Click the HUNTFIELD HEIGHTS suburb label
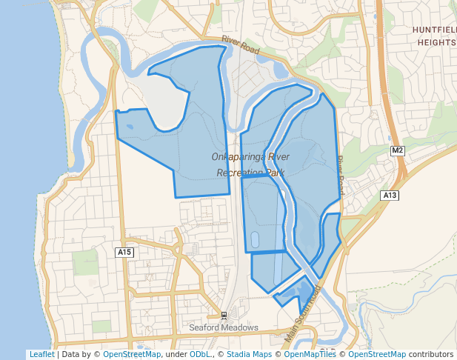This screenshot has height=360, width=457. [x=434, y=36]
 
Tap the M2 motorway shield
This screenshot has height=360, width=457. [x=398, y=151]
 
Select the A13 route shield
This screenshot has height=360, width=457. [x=390, y=195]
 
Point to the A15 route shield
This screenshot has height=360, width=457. [x=124, y=253]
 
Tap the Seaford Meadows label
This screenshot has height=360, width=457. [x=224, y=327]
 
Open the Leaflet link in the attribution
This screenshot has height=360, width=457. [x=41, y=354]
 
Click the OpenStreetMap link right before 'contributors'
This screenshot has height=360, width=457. [x=377, y=354]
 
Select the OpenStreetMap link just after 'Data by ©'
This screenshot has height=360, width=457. [x=132, y=354]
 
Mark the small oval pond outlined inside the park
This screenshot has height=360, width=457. [x=256, y=239]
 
